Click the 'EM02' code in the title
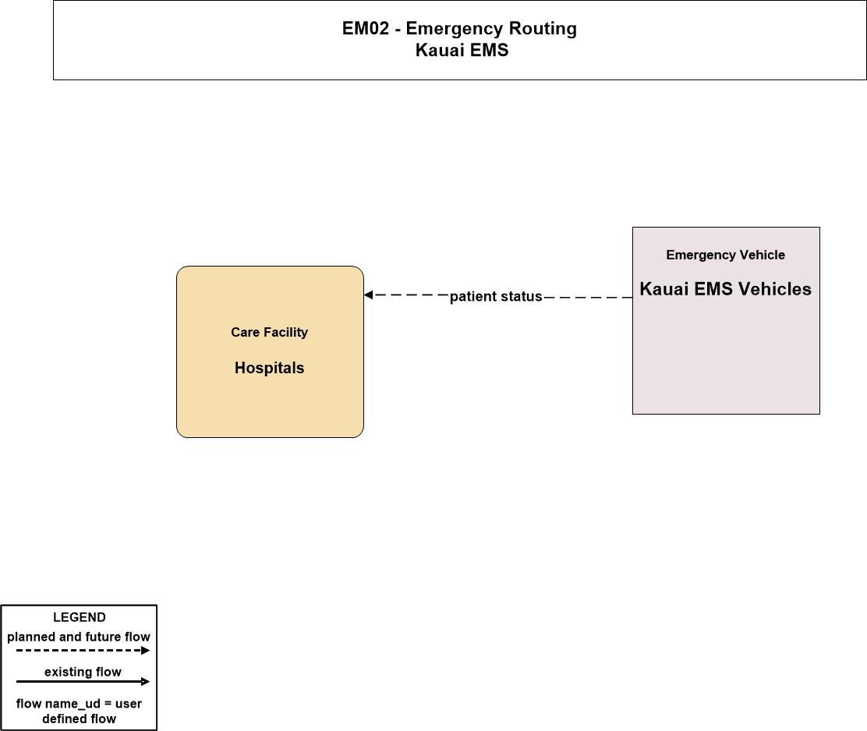[366, 28]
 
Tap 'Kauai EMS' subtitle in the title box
[462, 50]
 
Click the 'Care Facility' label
[269, 332]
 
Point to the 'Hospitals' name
[269, 368]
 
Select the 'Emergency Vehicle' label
[725, 255]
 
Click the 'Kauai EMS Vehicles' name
[725, 289]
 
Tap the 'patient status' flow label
[496, 297]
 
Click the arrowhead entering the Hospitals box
[368, 295]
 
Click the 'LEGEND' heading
[79, 617]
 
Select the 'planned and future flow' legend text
[79, 637]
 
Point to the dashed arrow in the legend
[83, 650]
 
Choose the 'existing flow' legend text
[83, 672]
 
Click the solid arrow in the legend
[83, 681]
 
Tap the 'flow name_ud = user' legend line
[79, 704]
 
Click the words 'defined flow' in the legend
[79, 719]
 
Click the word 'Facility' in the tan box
[286, 332]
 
